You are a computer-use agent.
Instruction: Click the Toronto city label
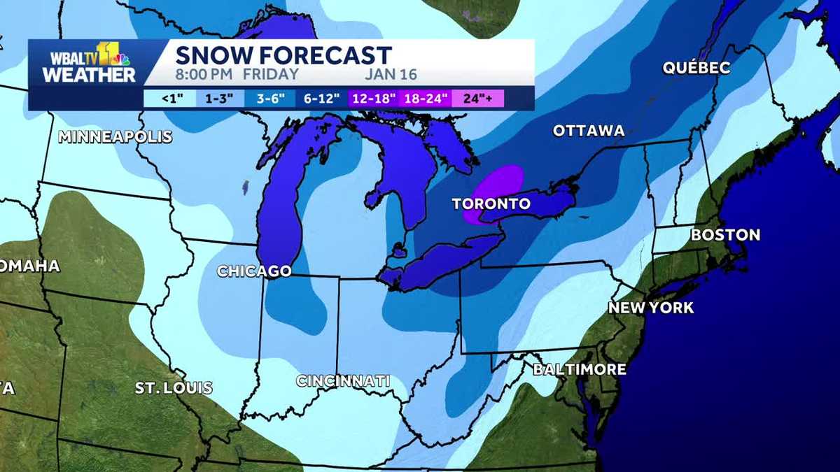pos(491,204)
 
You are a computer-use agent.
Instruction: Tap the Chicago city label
pos(254,271)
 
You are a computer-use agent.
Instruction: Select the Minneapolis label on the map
pos(115,136)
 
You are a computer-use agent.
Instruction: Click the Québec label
pos(696,68)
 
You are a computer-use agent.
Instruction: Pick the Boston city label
pos(725,235)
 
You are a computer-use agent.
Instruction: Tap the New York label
pos(651,308)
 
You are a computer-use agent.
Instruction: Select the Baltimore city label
pos(580,369)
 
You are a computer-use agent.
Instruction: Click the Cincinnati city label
pos(343,381)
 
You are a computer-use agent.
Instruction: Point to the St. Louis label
pos(174,387)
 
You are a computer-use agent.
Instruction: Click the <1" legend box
pos(172,99)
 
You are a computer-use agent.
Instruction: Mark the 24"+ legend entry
pos(478,99)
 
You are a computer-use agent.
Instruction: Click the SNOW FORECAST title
pos(283,55)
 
